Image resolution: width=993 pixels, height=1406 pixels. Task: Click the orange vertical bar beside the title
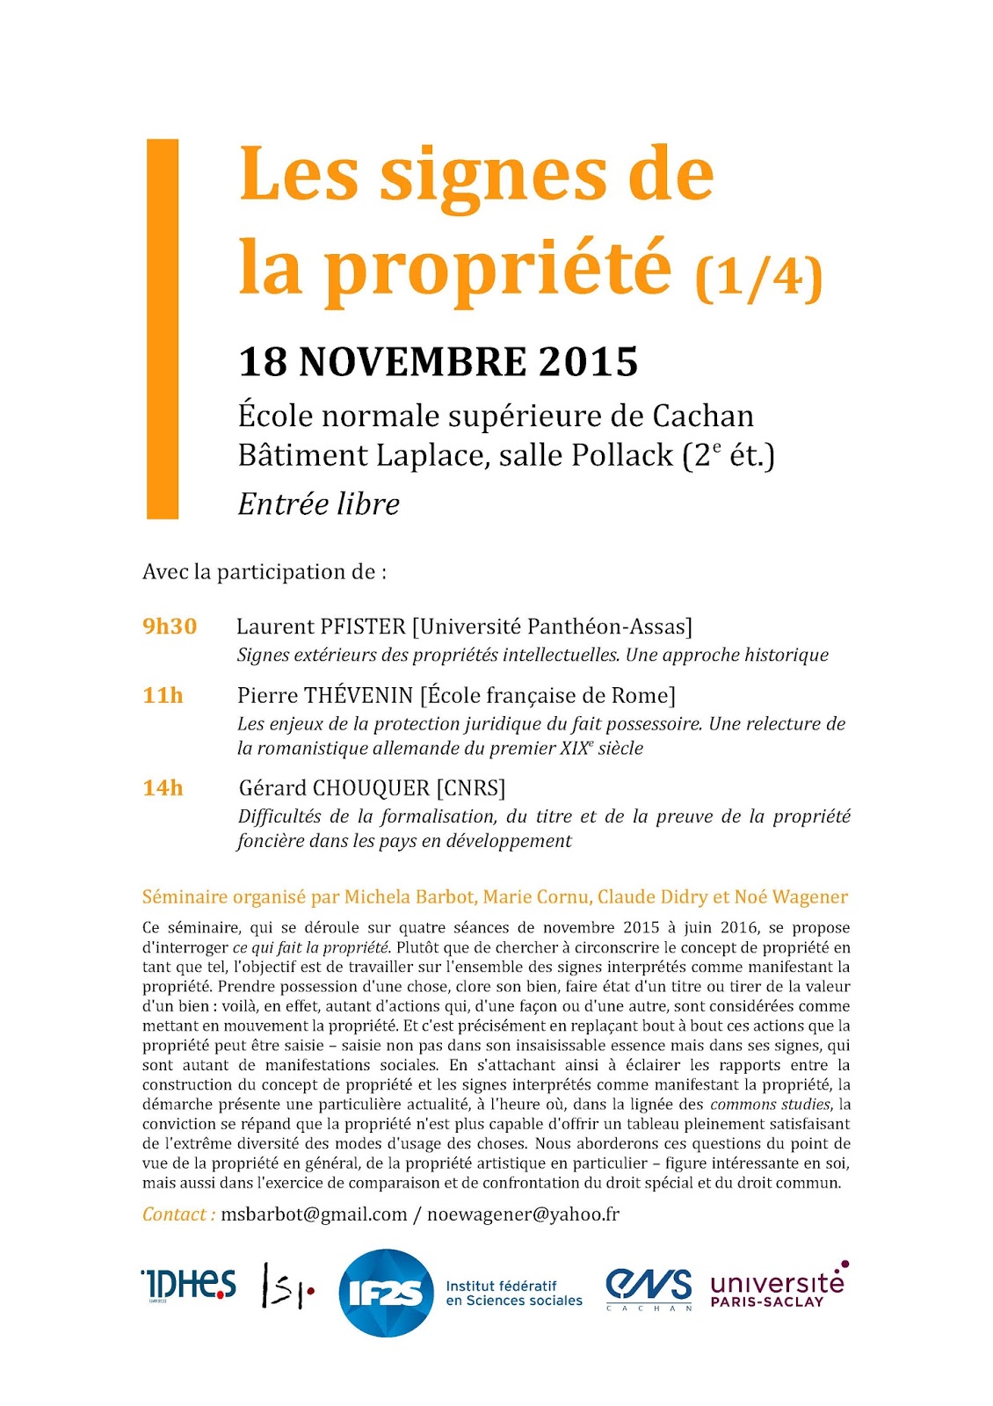point(162,329)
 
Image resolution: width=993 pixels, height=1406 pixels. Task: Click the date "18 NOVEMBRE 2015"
point(438,362)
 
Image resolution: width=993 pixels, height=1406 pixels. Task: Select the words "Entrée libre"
point(318,504)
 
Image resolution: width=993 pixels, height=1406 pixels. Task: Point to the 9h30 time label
point(170,627)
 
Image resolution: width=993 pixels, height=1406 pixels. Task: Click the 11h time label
point(163,695)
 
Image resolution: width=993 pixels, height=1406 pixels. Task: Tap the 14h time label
point(163,788)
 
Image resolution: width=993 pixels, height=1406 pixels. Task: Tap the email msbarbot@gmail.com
point(314,1214)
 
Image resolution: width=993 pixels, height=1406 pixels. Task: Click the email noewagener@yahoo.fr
point(523,1214)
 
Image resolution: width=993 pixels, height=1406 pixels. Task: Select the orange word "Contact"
point(174,1214)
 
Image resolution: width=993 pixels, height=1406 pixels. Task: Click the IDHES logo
point(188,1285)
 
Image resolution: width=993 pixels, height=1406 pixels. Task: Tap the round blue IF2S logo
point(386,1293)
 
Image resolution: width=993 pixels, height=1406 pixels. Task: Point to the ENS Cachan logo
point(649,1289)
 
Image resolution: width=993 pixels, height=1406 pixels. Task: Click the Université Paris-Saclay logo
point(778,1286)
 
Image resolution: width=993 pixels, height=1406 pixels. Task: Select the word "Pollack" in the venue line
point(622,455)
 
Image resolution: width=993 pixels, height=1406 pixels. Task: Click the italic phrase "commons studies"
point(770,1105)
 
